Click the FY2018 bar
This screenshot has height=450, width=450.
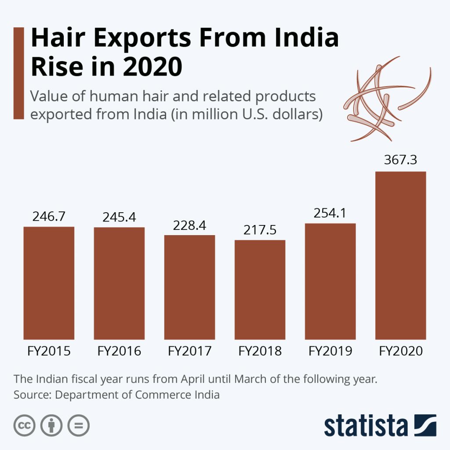click(260, 290)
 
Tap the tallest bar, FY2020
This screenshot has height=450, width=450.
click(400, 255)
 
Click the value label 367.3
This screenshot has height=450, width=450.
click(400, 160)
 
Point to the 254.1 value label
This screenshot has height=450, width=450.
click(330, 213)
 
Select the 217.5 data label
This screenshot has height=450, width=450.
click(260, 230)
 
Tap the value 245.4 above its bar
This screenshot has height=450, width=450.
click(119, 217)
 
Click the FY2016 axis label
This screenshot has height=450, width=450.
click(119, 352)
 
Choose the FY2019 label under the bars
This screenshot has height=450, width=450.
click(330, 352)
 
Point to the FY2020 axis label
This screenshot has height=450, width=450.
click(400, 352)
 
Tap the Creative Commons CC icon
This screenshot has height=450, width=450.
click(25, 425)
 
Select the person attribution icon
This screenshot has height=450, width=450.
click(51, 425)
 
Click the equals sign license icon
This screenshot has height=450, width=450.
click(78, 425)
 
